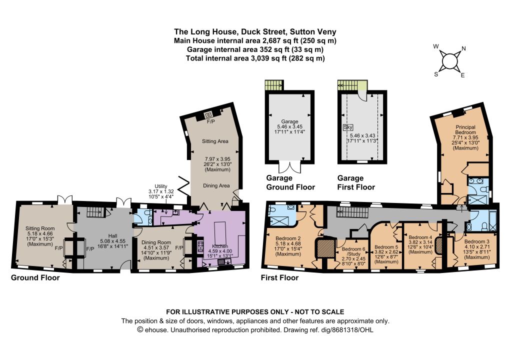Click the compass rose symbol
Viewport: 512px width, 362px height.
point(449,60)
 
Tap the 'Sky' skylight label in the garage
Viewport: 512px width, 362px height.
point(348,127)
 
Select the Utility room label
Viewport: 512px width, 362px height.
point(161,186)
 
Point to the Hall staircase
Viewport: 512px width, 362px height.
point(96,212)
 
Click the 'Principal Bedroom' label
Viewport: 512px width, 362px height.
point(465,129)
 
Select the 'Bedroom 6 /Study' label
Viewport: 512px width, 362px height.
point(351,251)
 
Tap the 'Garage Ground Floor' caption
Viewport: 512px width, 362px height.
point(290,182)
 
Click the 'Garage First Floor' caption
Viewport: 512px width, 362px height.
point(356,182)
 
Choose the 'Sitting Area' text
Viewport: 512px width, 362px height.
point(215,141)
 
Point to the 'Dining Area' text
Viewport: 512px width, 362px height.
point(216,185)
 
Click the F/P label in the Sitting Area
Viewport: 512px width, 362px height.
point(211,122)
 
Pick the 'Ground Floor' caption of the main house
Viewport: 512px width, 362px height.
point(35,278)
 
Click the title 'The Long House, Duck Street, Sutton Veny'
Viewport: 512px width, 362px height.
point(255,31)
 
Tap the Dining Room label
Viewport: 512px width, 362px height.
point(156,242)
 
